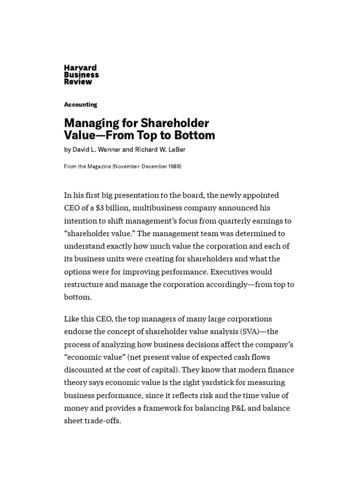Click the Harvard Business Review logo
coord(81,75)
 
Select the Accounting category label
coord(81,105)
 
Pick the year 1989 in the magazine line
coord(173,167)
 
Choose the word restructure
coord(84,284)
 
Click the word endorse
coord(77,331)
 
